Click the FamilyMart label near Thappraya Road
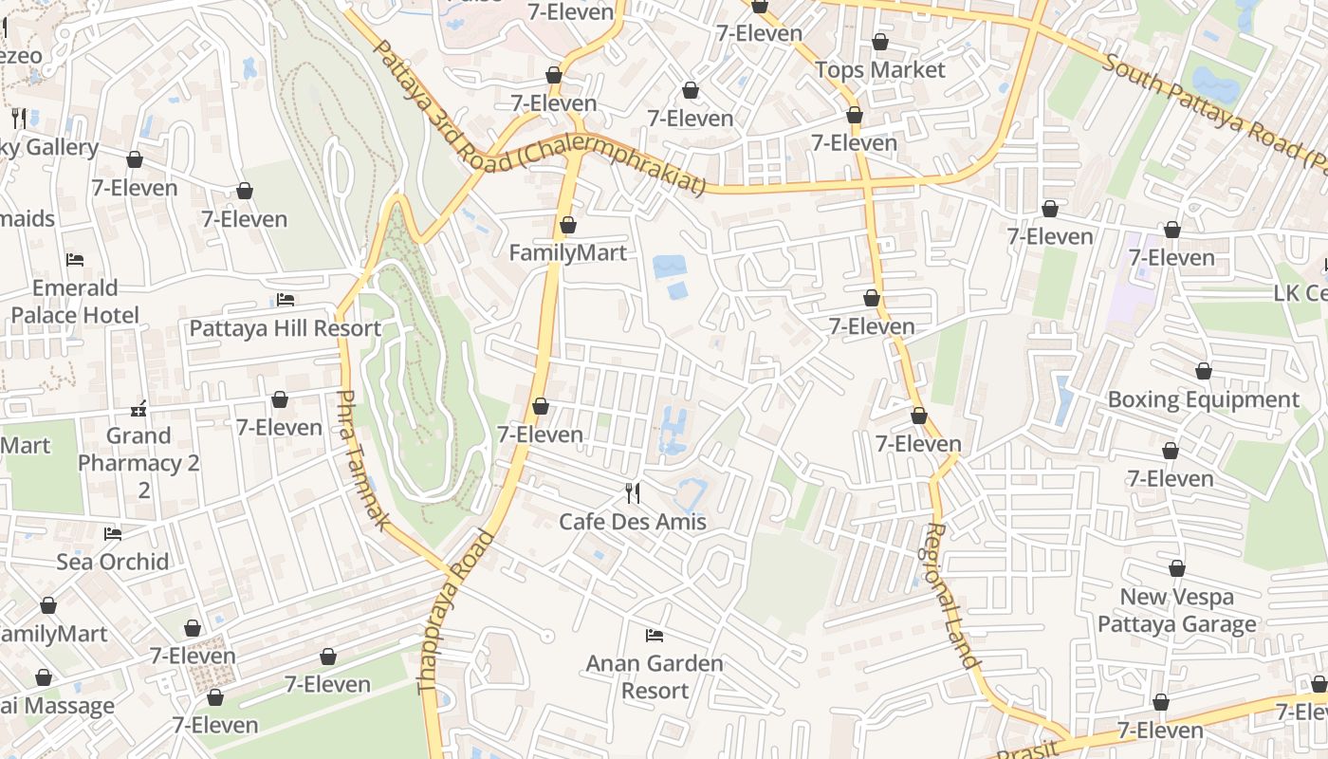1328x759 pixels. click(568, 252)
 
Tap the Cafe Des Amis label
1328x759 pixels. click(633, 522)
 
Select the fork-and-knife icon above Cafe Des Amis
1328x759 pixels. click(633, 492)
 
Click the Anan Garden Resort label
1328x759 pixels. click(655, 676)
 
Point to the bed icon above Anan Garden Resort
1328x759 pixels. click(655, 635)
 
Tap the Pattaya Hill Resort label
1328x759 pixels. click(286, 328)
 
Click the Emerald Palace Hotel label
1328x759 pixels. click(75, 301)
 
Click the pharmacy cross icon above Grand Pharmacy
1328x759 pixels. click(138, 409)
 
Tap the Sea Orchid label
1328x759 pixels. click(113, 562)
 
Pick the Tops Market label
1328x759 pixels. click(880, 70)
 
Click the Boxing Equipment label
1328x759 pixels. click(1204, 399)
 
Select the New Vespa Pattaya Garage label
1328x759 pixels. click(1177, 610)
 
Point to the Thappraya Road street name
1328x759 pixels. click(456, 612)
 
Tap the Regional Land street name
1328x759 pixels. click(952, 596)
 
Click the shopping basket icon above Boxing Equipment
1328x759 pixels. click(1204, 371)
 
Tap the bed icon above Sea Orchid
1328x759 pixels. click(113, 534)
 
